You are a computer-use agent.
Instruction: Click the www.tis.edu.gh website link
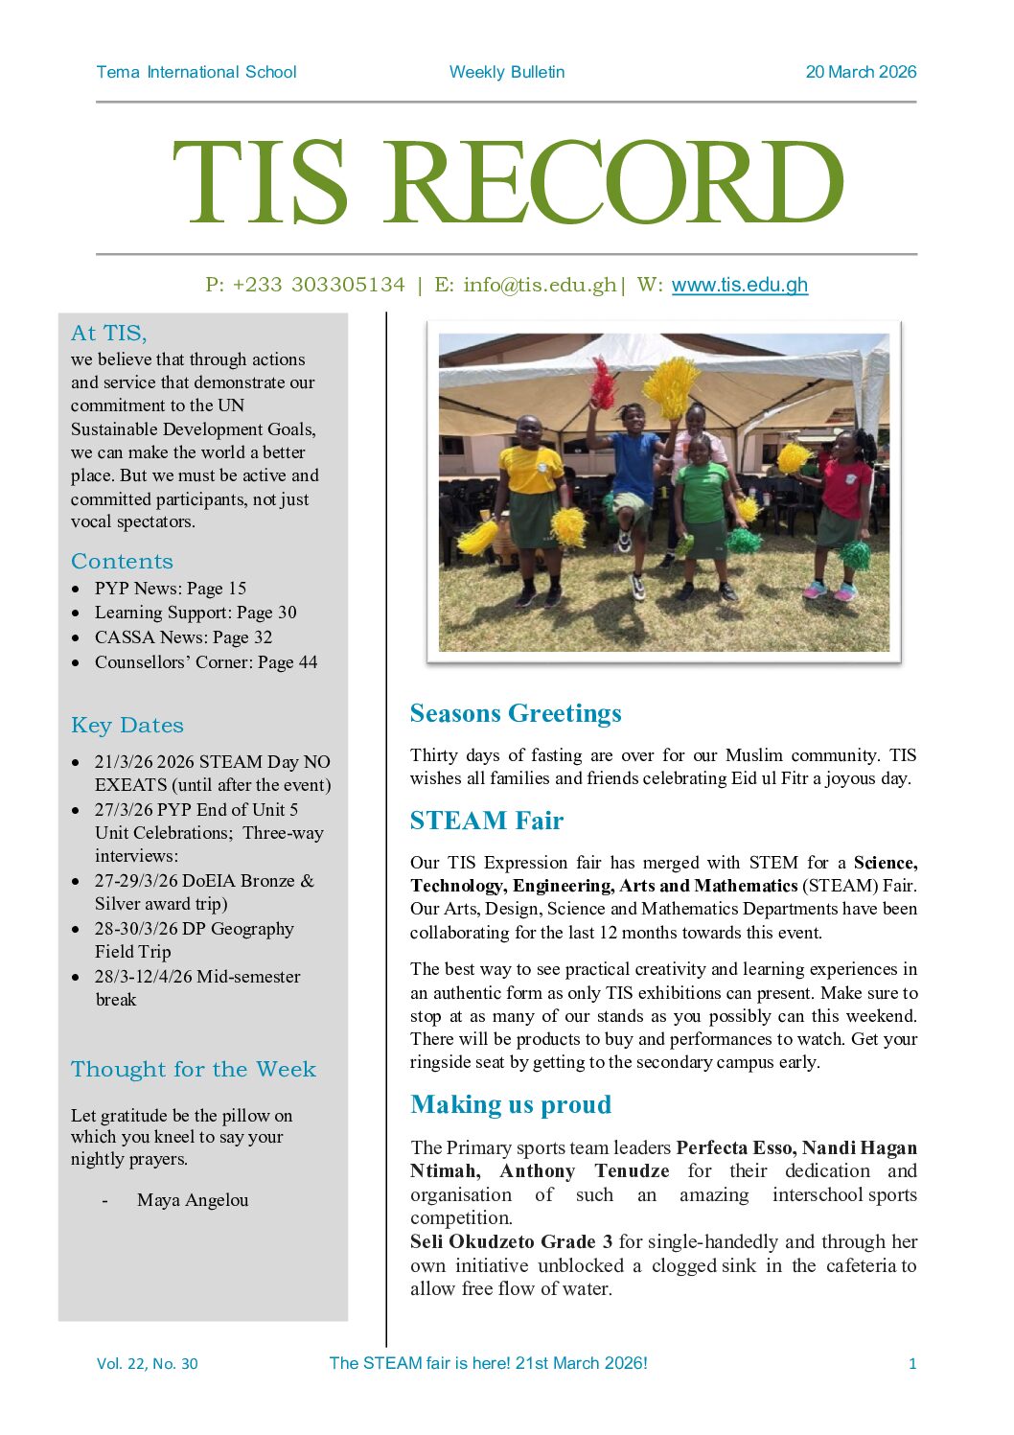(739, 285)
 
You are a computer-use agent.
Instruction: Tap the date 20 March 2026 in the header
(861, 72)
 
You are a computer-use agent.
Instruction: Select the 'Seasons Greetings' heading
(516, 713)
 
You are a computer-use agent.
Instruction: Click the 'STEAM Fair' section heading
(486, 821)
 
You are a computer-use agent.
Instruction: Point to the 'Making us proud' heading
(511, 1104)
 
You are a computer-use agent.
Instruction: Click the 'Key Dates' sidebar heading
(127, 726)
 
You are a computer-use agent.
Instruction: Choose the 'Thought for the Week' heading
(194, 1069)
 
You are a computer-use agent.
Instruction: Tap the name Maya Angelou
(193, 1200)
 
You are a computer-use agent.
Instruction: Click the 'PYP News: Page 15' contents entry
(170, 589)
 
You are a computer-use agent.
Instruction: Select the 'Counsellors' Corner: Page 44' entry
(205, 662)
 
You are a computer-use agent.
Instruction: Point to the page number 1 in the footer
(912, 1364)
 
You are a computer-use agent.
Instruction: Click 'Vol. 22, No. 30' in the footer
(148, 1364)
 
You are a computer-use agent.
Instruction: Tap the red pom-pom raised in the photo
(603, 382)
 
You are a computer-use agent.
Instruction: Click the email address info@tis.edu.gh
(540, 285)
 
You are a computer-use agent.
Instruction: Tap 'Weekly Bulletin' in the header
(507, 72)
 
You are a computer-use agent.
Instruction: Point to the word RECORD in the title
(616, 182)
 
